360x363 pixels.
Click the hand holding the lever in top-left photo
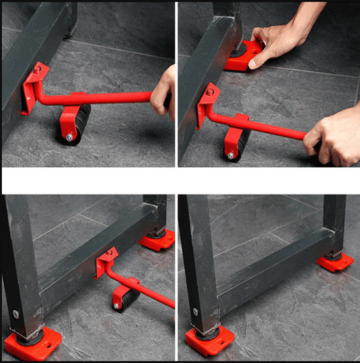click(x=165, y=91)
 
